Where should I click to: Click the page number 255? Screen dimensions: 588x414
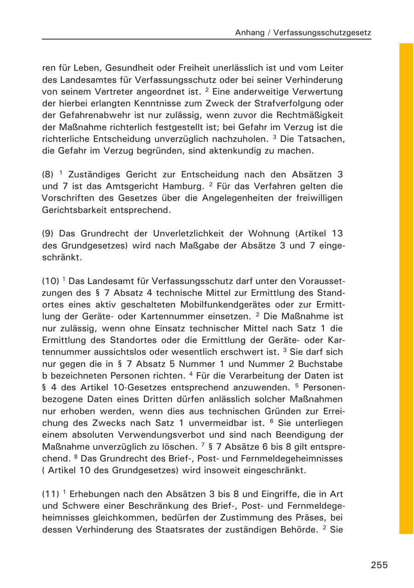coord(379,565)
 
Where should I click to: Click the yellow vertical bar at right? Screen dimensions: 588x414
coord(406,288)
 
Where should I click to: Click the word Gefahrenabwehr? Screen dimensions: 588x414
coord(87,115)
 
